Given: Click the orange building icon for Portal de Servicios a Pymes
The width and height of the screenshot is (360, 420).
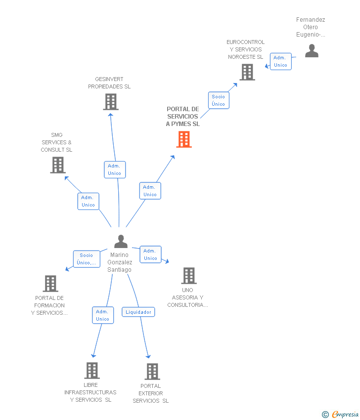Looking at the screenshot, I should tap(184, 139).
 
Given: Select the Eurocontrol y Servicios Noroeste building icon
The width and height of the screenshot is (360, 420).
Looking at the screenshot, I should tap(247, 72).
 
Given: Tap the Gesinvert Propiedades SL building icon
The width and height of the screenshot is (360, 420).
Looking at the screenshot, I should tap(111, 102).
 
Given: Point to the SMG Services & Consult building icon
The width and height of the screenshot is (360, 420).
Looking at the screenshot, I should tap(58, 165).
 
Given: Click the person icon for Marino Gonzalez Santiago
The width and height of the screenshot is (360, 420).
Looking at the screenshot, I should tap(121, 242).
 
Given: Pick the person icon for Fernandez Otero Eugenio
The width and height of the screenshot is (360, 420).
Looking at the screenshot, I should tap(312, 51).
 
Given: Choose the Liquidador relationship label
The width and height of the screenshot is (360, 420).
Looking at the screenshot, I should tap(138, 312).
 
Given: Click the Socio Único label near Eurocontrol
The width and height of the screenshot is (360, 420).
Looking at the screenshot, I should tap(218, 100).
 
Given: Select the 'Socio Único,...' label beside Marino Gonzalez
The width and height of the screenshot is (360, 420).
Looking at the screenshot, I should tap(87, 259).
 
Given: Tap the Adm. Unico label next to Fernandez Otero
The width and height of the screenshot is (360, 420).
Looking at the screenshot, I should tap(280, 61).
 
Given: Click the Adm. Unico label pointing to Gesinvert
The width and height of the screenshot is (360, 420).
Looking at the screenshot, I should tap(115, 169).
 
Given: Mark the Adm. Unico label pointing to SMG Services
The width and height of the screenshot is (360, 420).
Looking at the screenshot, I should tap(88, 201).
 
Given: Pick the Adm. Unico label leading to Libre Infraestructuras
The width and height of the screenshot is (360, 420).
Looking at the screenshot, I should tap(103, 315).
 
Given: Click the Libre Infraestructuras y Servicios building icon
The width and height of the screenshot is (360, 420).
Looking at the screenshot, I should tap(92, 371).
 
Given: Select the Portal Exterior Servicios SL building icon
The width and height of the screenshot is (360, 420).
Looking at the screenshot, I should tap(152, 372).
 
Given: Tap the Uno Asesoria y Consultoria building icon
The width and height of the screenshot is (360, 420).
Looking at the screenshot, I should tap(188, 276).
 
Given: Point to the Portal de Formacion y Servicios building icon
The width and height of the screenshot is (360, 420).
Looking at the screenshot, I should tap(50, 284).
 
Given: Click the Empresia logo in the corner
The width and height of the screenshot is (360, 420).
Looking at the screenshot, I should tap(341, 415).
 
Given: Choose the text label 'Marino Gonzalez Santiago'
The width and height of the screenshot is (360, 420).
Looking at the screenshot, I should tap(120, 262).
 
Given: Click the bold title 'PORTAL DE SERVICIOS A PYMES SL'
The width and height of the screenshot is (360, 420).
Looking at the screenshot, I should tap(183, 117).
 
